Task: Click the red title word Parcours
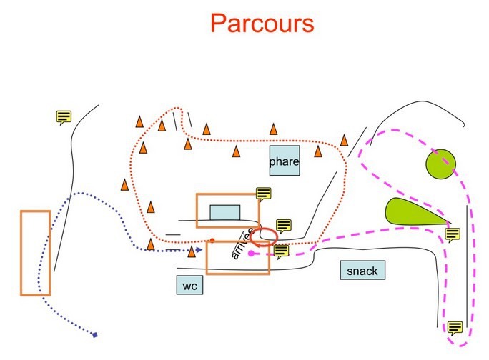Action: point(262,23)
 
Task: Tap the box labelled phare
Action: point(284,161)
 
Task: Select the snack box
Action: point(361,271)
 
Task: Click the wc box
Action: point(189,286)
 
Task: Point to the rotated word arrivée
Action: point(242,244)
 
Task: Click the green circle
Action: point(440,164)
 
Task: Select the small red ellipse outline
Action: point(266,236)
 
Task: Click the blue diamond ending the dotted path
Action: point(94,334)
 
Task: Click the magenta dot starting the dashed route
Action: point(251,253)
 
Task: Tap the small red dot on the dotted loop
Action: point(212,240)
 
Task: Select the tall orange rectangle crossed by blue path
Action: point(36,253)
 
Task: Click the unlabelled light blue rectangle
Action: point(225,213)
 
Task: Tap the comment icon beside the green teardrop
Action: point(452,234)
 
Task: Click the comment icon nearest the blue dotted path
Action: point(64,117)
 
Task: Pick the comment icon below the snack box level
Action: point(455,328)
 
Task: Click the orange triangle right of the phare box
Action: point(317,151)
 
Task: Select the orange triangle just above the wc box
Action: point(192,251)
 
